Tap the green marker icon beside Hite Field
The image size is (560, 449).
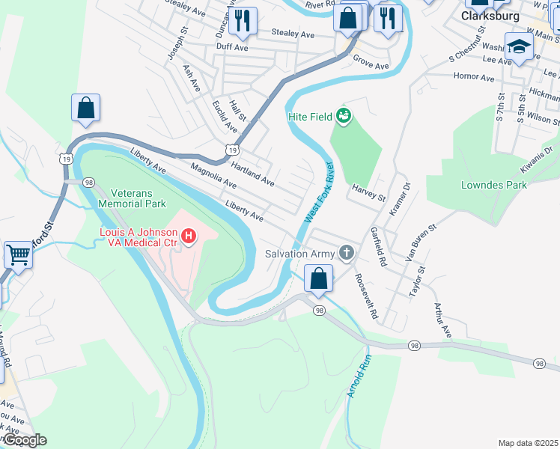[344, 115]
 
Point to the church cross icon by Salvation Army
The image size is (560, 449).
[345, 253]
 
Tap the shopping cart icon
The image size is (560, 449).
[19, 254]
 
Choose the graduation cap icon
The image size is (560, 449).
[519, 46]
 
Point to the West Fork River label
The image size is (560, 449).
[318, 192]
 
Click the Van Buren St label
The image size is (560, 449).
[421, 236]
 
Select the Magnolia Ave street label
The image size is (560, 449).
[213, 177]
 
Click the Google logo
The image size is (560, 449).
[24, 440]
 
